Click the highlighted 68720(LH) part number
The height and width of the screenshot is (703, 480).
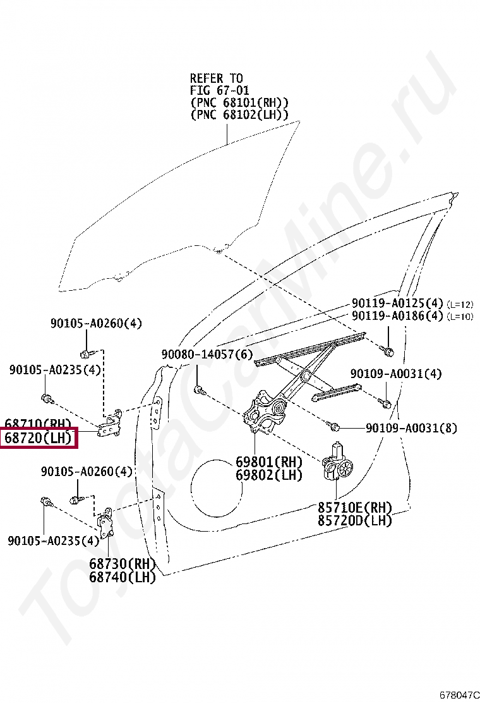(39, 437)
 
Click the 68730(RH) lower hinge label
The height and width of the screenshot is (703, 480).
(122, 564)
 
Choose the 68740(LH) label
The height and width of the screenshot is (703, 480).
(122, 577)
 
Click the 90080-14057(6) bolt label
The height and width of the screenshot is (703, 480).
(207, 355)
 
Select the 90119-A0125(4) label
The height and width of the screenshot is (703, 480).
(397, 304)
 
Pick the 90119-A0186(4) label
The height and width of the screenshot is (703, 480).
(397, 316)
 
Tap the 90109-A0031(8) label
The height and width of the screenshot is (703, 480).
(411, 428)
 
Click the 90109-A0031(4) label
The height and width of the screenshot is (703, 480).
(396, 374)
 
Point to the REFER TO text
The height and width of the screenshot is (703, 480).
(216, 78)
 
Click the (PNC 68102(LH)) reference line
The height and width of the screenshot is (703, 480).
(239, 115)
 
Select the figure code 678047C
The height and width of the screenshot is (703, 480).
(460, 694)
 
